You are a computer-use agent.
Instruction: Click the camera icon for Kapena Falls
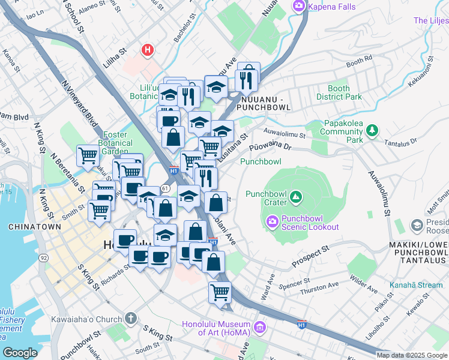pos(298,7)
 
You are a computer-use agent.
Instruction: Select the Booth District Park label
pos(339,92)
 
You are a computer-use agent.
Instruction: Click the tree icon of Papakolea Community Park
pos(372,129)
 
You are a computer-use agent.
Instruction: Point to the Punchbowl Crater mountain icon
pos(295,197)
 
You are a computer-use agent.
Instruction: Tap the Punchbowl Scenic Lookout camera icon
pos(273,222)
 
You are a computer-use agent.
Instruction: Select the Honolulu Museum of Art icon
pos(260,328)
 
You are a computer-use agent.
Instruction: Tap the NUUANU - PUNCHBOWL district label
pos(264,102)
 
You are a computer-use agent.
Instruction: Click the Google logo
pos(20,353)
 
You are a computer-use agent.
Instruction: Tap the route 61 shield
pos(164,188)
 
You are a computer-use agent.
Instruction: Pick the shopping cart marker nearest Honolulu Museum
pos(220,293)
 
